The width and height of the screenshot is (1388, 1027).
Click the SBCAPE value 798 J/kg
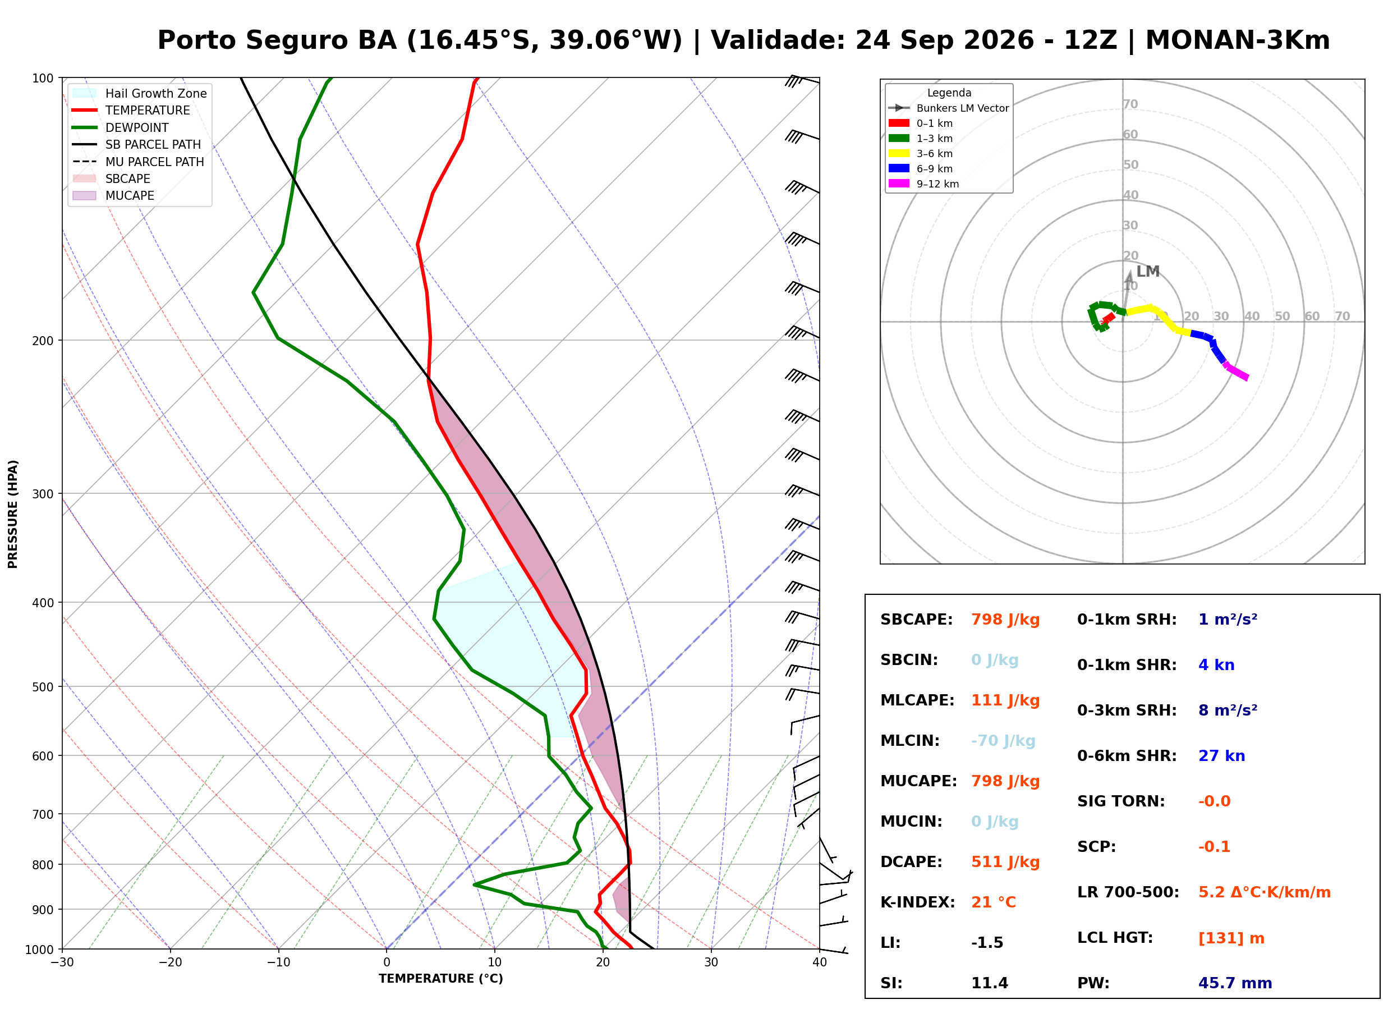pos(1005,620)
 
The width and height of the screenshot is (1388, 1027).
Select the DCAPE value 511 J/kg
pos(1005,862)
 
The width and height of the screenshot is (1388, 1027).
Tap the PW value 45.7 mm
pos(1235,983)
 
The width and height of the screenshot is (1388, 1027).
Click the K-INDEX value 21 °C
pos(994,902)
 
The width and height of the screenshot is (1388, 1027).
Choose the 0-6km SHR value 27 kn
pos(1221,756)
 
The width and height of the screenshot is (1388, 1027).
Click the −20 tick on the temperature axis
pos(170,962)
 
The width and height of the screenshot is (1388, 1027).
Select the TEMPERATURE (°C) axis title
pos(440,979)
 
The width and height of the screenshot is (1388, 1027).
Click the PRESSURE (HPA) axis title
pos(12,514)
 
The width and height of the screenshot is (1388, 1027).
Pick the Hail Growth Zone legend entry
pos(139,93)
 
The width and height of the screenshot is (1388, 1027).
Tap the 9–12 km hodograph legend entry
pos(924,184)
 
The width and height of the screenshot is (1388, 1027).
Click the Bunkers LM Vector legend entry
pos(949,108)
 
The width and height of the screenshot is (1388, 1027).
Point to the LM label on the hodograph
pos(1147,272)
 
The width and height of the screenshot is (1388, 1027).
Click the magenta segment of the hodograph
pos(1236,371)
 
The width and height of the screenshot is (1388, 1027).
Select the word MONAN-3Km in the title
pos(1237,40)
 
